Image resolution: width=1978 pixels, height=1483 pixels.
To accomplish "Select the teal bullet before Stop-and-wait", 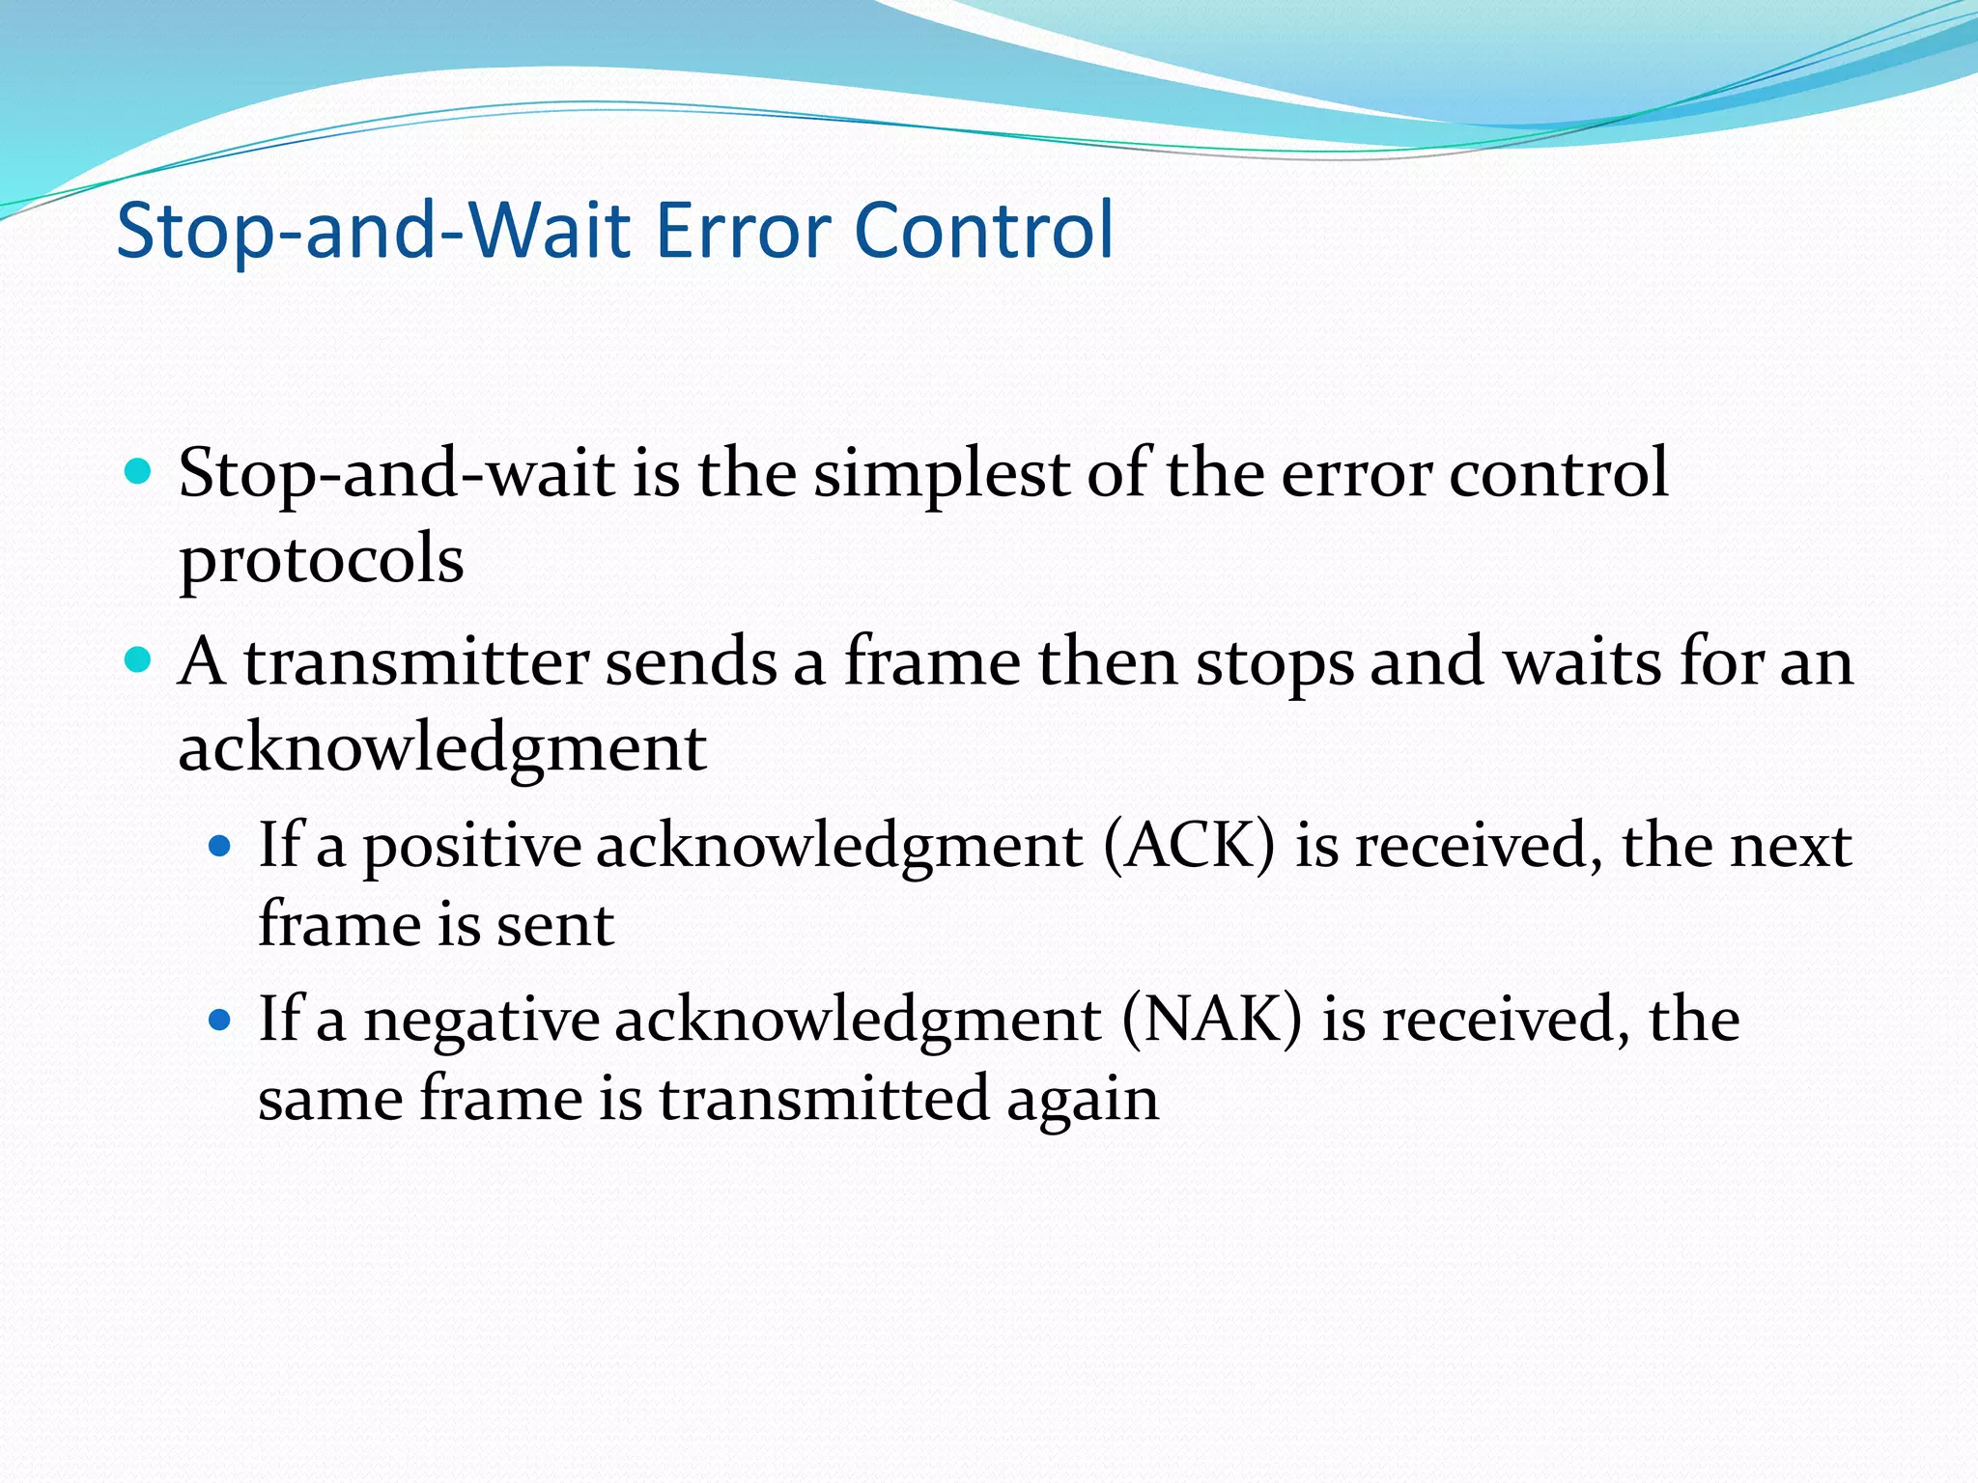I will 139,472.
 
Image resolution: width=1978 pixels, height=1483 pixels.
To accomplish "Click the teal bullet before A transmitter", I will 139,660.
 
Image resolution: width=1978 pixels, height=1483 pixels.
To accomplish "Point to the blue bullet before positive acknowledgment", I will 221,847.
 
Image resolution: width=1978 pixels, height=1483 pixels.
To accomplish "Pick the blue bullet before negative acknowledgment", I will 221,1020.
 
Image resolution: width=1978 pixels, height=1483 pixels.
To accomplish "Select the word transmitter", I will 415,662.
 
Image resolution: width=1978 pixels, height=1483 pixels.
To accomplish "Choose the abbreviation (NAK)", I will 1211,1020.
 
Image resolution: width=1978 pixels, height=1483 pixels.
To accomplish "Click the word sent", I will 554,925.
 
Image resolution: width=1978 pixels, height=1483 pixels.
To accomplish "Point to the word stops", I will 1275,664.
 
